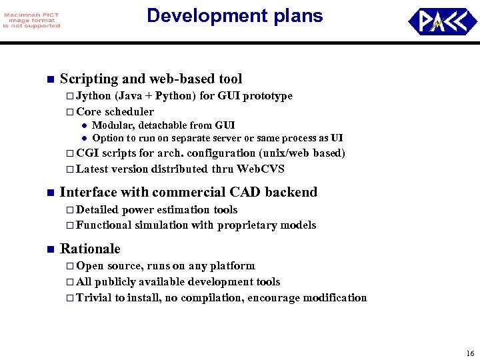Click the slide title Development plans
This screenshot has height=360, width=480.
click(235, 16)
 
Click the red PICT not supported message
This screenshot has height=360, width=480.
click(31, 20)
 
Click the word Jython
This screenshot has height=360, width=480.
click(93, 96)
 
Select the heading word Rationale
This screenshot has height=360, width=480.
click(90, 249)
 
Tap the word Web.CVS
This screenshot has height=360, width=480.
click(262, 169)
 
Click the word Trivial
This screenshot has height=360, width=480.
click(94, 298)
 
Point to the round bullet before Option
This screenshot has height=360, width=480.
click(85, 139)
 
